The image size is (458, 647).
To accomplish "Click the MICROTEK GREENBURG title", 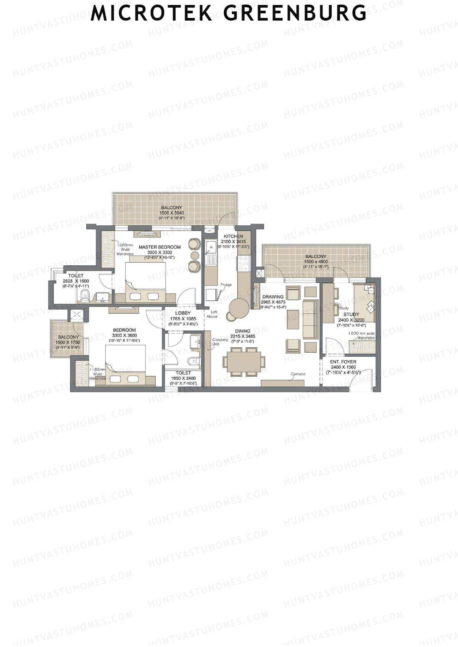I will click(x=229, y=13).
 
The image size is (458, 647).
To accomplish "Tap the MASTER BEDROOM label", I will click(x=160, y=247).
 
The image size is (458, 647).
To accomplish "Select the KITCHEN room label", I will click(x=233, y=236).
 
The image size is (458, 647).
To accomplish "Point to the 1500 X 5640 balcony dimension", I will click(x=172, y=213).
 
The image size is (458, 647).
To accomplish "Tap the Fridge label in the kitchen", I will click(x=226, y=285).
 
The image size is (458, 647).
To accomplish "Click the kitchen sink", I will click(x=210, y=249).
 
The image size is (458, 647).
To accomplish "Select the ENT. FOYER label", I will click(x=343, y=362).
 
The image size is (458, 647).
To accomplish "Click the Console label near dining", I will click(x=298, y=374).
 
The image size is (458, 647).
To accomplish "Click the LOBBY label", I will click(x=183, y=313).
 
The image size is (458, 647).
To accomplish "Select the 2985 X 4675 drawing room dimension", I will click(x=273, y=302).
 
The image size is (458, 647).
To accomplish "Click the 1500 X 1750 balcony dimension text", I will click(x=68, y=342).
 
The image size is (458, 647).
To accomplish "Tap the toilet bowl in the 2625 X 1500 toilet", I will click(x=85, y=294).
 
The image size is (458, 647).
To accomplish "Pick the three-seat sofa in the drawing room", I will click(x=310, y=319).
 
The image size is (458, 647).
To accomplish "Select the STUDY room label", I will click(x=351, y=315).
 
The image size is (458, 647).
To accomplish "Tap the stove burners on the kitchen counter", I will click(x=243, y=263).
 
